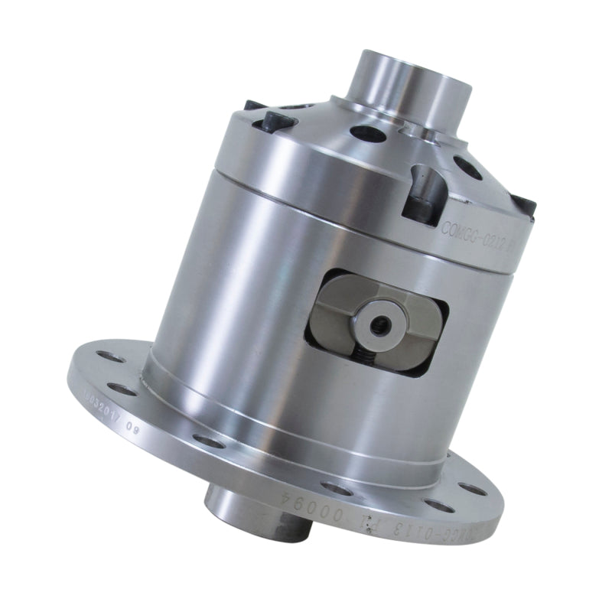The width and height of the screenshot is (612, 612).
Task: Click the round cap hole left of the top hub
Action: (367, 132)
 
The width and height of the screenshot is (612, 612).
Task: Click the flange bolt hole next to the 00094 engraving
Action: (332, 487)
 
